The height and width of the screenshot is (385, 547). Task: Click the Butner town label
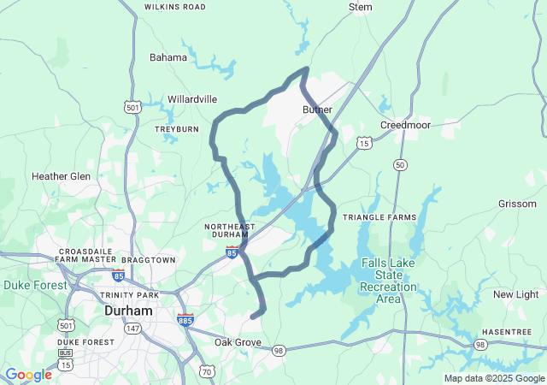317,110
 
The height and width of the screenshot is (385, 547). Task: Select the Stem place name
361,7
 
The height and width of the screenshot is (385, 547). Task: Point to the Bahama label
168,57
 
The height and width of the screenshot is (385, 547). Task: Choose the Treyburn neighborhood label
176,129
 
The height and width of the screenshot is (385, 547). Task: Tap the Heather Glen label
61,176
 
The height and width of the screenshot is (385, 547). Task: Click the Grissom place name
517,204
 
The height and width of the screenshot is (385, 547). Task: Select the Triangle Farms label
379,217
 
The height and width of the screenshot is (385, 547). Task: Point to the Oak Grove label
238,342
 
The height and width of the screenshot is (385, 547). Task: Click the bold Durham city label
127,311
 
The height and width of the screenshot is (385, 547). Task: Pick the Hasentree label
507,331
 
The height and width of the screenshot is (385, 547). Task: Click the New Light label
515,294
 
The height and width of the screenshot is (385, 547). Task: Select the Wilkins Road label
175,7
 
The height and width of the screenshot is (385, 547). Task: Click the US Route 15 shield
365,144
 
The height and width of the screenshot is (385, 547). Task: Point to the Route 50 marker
400,164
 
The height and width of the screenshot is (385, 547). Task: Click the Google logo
28,375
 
